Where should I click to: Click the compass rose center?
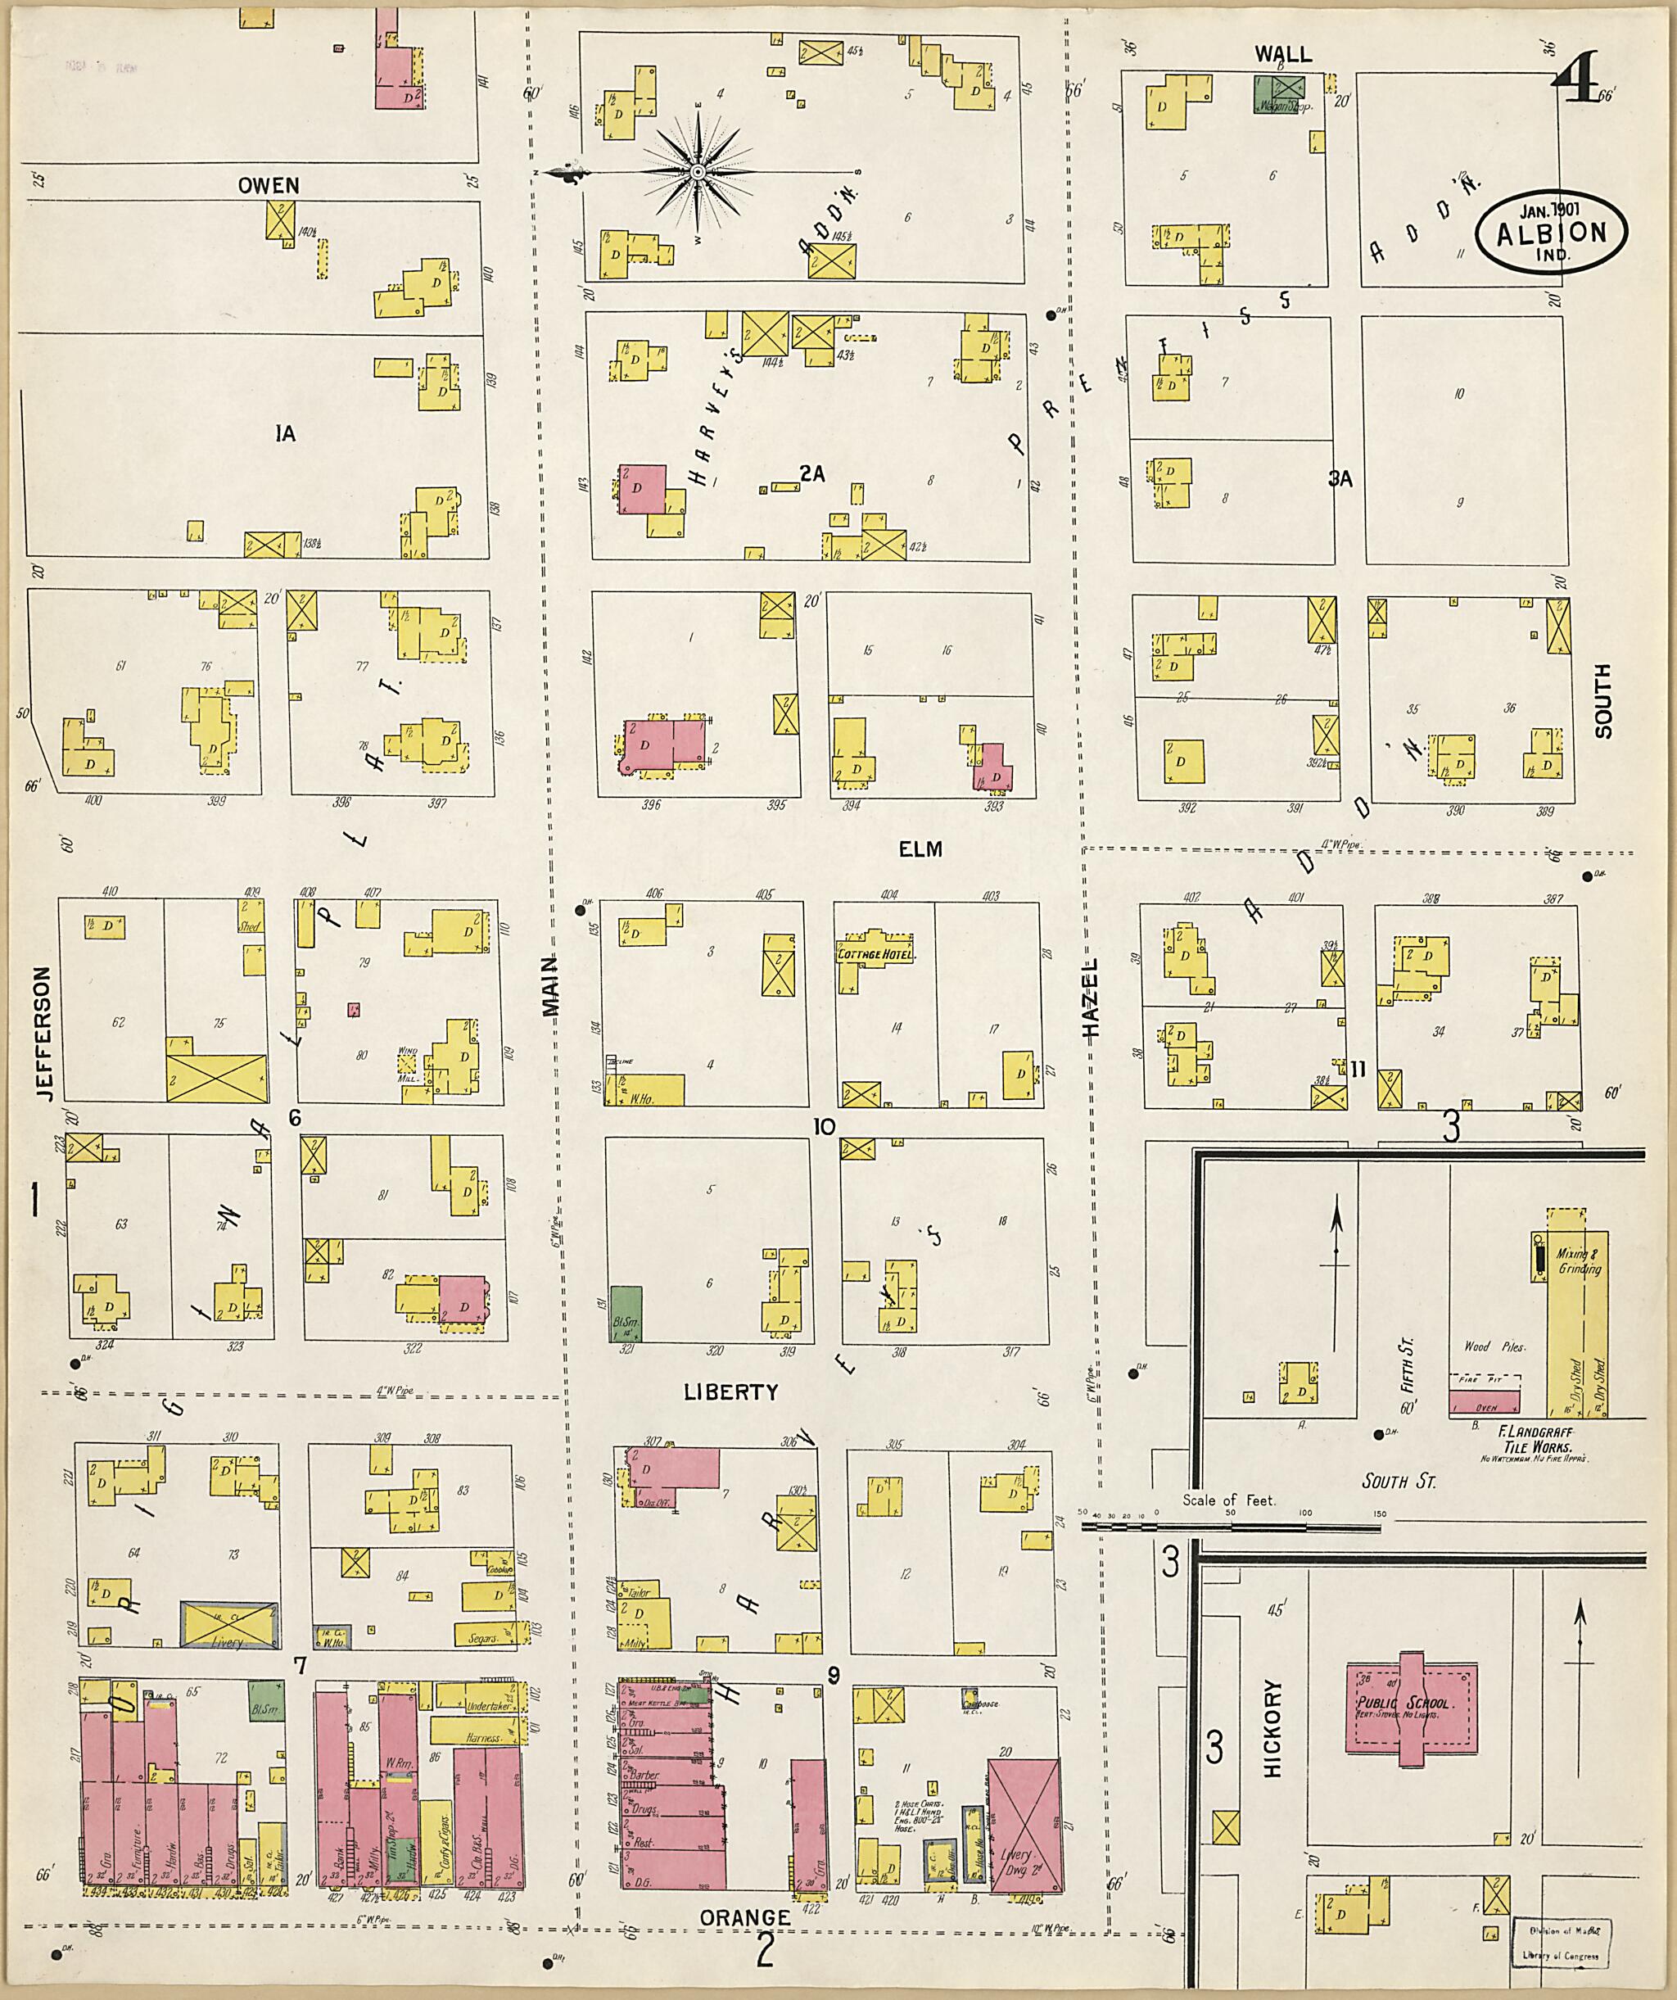point(697,171)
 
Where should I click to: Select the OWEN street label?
point(269,186)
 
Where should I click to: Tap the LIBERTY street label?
point(730,1392)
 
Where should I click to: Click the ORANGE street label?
point(744,1916)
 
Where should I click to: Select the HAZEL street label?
point(1091,998)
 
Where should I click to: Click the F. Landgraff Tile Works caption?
point(1525,1440)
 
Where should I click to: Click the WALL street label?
point(1283,54)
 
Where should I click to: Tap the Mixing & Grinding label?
point(1579,1261)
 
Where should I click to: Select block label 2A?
point(811,473)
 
